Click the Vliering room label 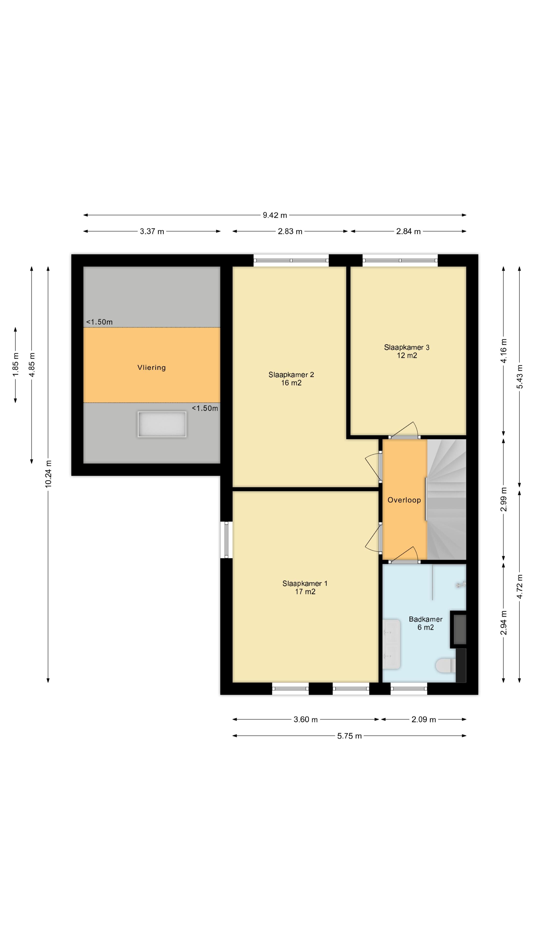151,367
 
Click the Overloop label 404,500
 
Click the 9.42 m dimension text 275,215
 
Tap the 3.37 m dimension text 152,232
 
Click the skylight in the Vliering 162,424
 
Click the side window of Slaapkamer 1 226,539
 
